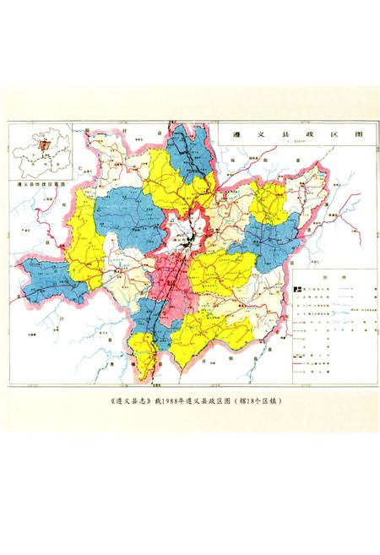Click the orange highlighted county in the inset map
39,146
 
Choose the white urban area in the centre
186,232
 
